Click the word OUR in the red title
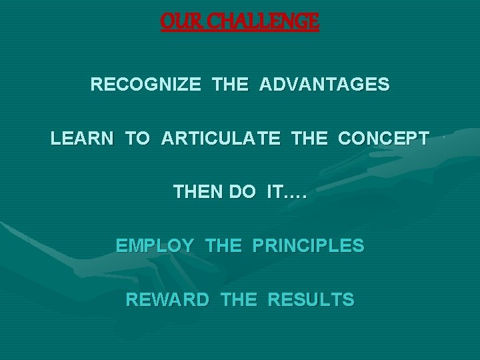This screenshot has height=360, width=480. [x=176, y=22]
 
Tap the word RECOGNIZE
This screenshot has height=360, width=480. [x=145, y=85]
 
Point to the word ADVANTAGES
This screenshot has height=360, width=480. [x=325, y=85]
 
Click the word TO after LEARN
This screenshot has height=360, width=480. [x=137, y=139]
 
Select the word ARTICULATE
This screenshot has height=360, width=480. [x=220, y=139]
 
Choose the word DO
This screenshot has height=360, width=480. [x=243, y=193]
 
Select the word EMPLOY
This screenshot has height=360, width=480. [x=155, y=246]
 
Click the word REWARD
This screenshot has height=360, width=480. [x=167, y=300]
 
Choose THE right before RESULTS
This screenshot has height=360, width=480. [x=238, y=300]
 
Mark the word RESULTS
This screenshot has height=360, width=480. [x=311, y=300]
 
